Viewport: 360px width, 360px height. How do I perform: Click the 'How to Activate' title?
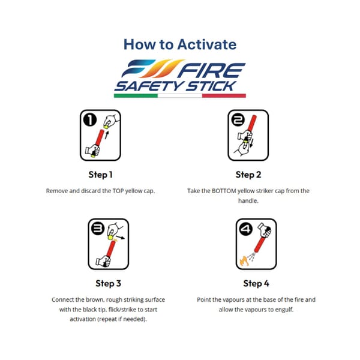(179, 44)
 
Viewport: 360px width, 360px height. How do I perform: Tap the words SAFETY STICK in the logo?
(175, 85)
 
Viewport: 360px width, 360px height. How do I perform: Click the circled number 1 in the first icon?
(90, 120)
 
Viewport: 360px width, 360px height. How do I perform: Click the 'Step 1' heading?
(100, 175)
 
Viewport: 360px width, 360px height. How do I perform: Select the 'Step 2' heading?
(248, 175)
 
